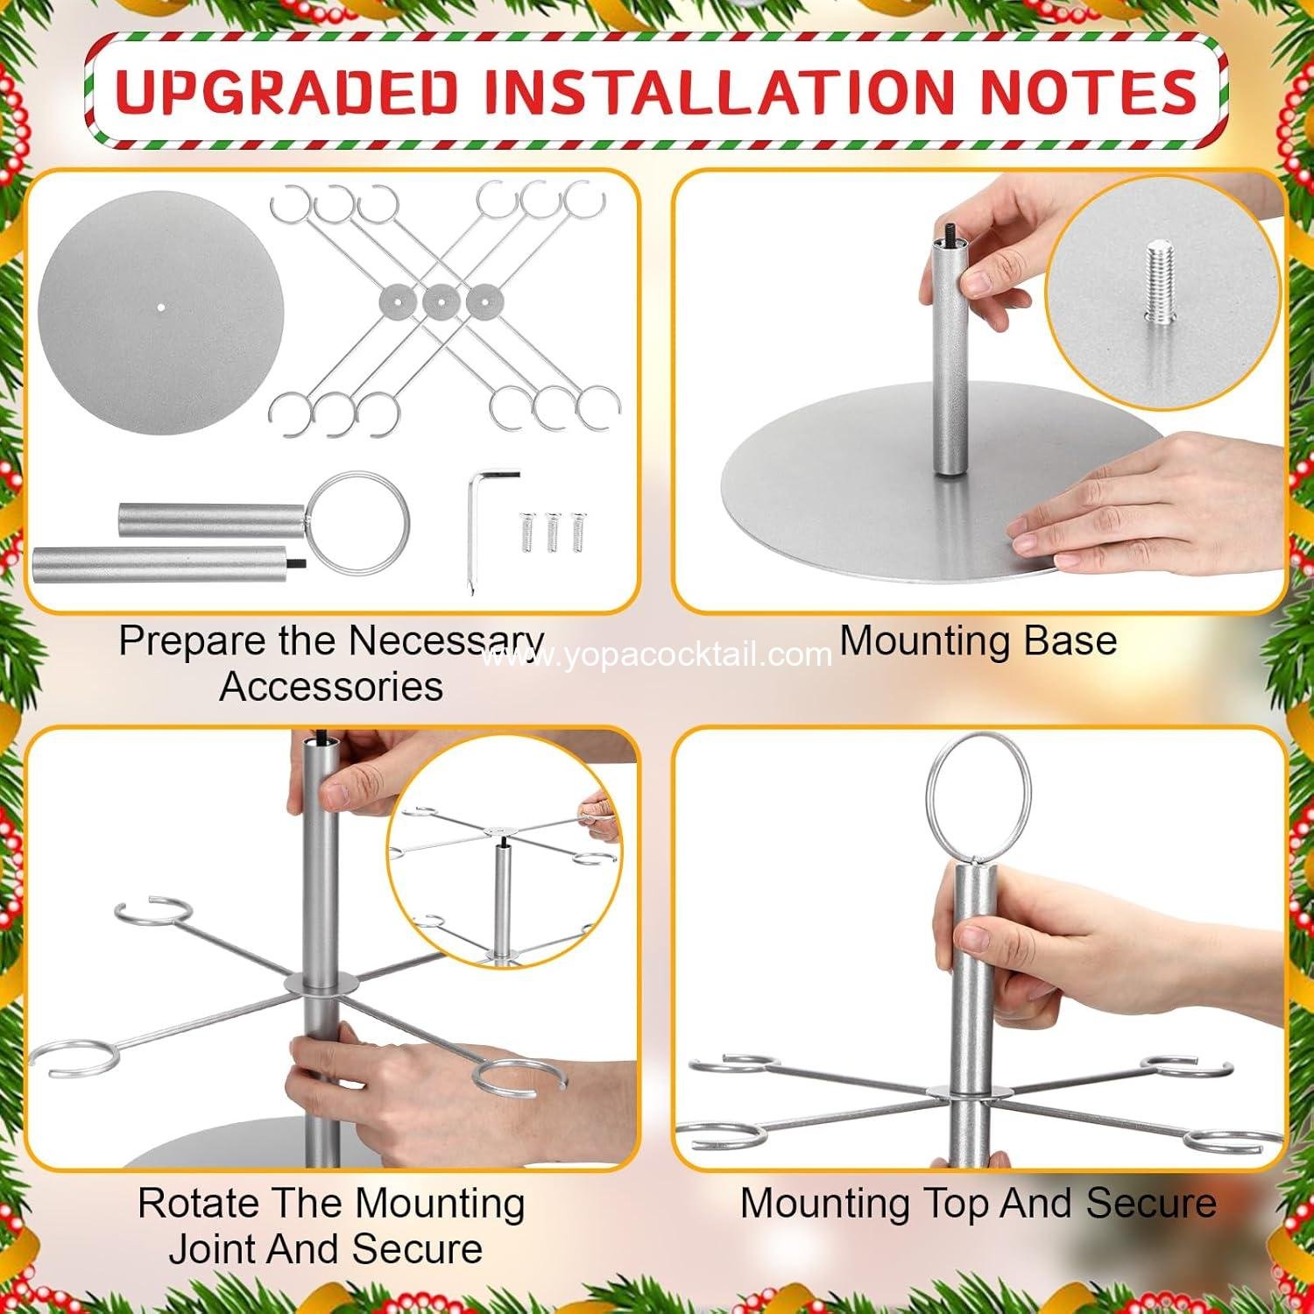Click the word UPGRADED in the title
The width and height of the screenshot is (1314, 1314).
coord(287,91)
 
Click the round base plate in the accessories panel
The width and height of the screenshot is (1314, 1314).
coord(161,311)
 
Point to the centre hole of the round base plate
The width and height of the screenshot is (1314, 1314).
coord(161,307)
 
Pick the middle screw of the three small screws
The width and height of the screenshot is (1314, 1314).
coord(553,533)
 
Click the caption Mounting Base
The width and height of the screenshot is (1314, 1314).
coord(978,640)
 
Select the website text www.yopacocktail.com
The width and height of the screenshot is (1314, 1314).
coord(656,654)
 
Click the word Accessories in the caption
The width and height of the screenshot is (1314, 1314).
coord(332,685)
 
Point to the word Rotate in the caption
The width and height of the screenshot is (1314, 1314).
coord(199,1203)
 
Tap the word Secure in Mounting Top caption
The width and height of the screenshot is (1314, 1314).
coord(1152,1203)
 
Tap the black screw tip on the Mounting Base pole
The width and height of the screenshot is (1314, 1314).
coord(948,234)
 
